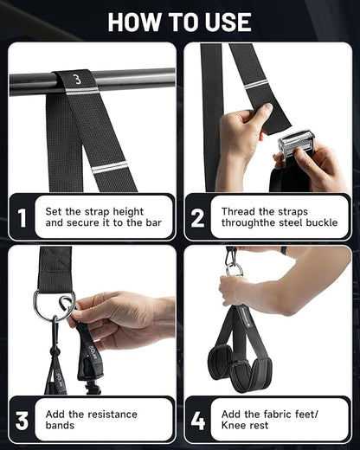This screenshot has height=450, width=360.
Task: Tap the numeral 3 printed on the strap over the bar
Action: (x=76, y=80)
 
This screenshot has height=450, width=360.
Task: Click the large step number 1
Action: (x=22, y=217)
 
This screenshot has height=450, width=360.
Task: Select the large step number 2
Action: (x=197, y=217)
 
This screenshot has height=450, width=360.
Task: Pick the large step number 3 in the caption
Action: (x=22, y=421)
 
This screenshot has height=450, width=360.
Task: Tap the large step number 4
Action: (x=198, y=421)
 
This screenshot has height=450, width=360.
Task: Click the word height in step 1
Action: (x=128, y=212)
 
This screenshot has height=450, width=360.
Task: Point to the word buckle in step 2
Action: (x=322, y=222)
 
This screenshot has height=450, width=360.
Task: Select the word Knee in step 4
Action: (x=232, y=425)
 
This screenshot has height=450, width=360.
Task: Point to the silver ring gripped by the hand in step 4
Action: (x=235, y=271)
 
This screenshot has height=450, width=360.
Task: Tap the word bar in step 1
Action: (x=153, y=222)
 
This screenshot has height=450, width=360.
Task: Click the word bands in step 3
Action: (x=60, y=426)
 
